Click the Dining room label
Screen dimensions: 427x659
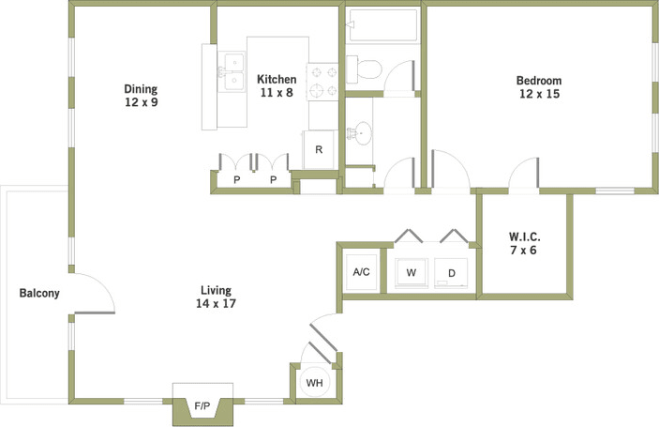click(x=141, y=89)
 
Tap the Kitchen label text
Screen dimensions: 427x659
click(x=277, y=80)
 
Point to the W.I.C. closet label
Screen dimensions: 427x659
click(x=524, y=236)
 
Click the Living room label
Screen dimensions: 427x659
click(x=215, y=290)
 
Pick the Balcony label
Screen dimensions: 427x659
click(x=39, y=293)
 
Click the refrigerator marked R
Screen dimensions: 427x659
click(x=319, y=149)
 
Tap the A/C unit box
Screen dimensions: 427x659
click(x=361, y=272)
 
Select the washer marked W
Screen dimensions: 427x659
click(x=411, y=273)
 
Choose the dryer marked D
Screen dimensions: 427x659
click(x=451, y=273)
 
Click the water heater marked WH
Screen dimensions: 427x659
click(x=315, y=382)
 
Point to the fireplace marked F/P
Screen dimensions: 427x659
click(x=202, y=405)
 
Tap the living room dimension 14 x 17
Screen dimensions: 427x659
click(x=215, y=303)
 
